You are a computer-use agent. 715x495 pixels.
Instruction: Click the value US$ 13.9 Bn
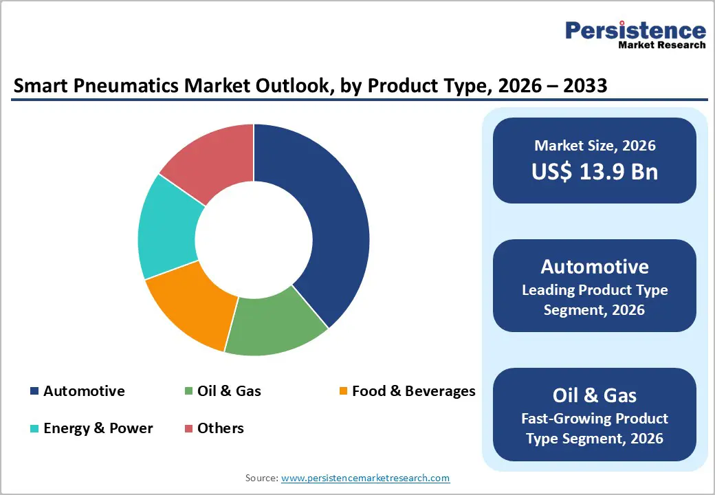click(x=595, y=172)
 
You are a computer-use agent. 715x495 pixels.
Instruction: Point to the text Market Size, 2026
click(x=595, y=146)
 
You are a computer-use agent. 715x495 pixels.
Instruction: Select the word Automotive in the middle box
click(x=595, y=267)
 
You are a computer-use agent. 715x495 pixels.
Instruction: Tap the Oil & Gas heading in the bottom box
click(x=595, y=395)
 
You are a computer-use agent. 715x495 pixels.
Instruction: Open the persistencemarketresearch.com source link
click(x=365, y=477)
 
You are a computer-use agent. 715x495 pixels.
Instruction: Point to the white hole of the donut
click(x=254, y=239)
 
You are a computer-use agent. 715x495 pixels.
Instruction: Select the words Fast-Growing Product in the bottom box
click(x=595, y=419)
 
